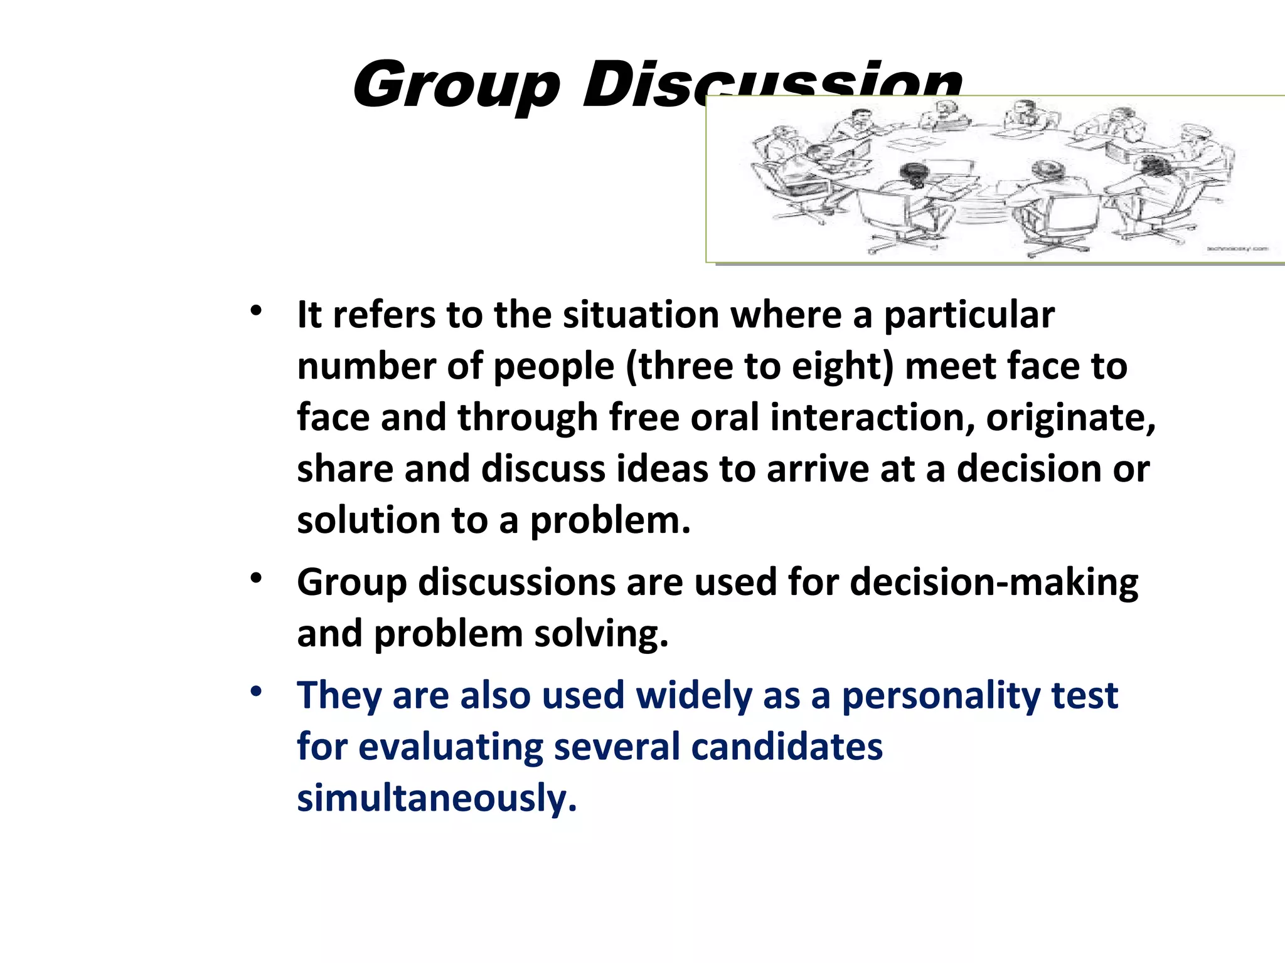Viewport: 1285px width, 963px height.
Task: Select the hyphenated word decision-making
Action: (x=994, y=582)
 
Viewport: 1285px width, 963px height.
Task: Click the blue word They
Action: (x=339, y=695)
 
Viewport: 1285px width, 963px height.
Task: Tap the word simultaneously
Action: (x=436, y=798)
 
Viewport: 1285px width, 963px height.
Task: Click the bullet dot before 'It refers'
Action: (x=255, y=310)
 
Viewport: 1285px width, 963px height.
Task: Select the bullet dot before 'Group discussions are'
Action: (x=255, y=578)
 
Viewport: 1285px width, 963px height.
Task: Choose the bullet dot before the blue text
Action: (x=255, y=692)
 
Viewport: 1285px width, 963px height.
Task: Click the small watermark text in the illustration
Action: (x=1237, y=249)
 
